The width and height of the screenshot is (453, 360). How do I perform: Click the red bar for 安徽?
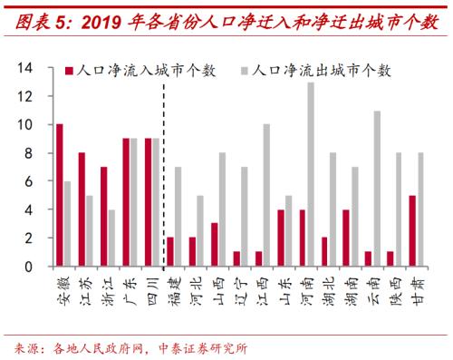point(60,195)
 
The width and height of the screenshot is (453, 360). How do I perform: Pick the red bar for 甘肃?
point(412,231)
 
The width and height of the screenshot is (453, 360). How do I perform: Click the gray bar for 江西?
point(266,195)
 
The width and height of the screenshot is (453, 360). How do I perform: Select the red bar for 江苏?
point(82,209)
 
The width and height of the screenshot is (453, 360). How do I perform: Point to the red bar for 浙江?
point(104,217)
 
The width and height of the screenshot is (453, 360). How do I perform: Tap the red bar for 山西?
point(214,245)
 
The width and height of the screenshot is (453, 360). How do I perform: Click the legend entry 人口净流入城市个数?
point(126,69)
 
